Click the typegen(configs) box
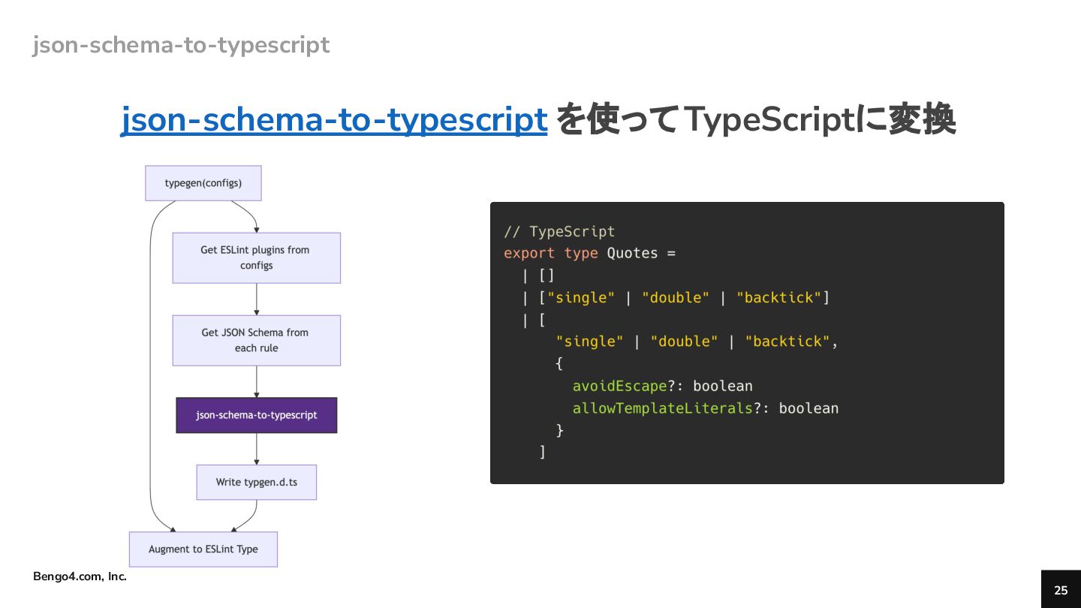coord(203,183)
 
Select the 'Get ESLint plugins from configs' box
coord(256,257)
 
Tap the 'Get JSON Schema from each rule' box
coord(256,340)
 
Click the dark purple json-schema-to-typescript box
coord(256,415)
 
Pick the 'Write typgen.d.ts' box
coord(256,482)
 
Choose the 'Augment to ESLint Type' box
coord(203,549)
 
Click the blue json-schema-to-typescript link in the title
coord(334,120)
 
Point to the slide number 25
coord(1060,590)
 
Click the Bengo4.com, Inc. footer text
coord(80,576)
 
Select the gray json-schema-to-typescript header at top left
coord(181,45)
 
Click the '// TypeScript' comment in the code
coord(559,231)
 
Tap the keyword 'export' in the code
coord(529,253)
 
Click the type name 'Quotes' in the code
coord(632,253)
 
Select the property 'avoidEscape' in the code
coord(619,386)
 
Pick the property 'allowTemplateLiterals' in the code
coord(662,408)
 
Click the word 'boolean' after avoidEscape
coord(722,386)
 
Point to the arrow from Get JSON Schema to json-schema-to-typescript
coord(257,381)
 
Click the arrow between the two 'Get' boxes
coord(257,299)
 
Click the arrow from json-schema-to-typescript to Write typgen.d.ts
coord(257,449)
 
